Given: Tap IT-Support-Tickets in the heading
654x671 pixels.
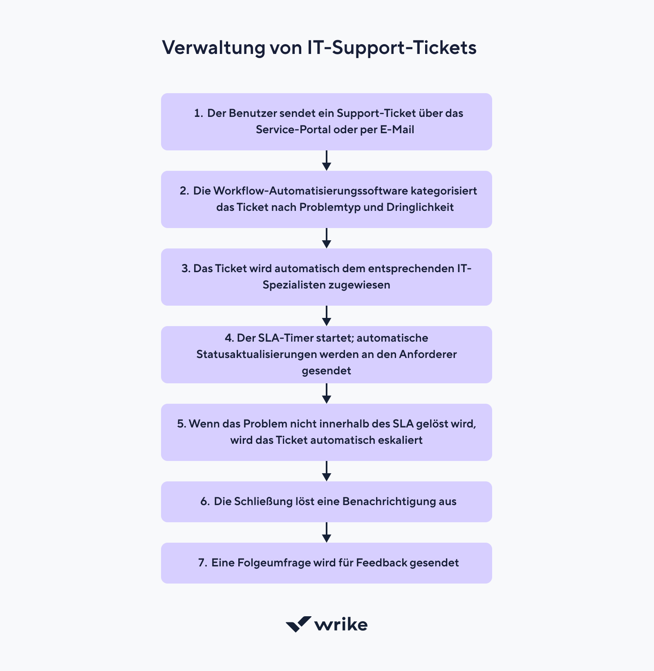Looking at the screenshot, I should [392, 48].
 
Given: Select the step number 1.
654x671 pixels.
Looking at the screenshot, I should [198, 113].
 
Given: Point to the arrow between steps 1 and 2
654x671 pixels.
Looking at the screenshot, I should [326, 161].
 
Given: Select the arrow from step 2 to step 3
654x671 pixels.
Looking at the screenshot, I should [326, 238].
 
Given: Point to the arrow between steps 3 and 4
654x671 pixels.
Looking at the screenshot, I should [326, 316].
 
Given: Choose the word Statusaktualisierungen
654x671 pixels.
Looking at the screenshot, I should [256, 354].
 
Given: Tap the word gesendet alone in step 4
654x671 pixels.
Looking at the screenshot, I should [326, 371].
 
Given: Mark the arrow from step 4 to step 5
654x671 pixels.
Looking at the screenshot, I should [326, 394].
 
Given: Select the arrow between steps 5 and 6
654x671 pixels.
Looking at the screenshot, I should [326, 471].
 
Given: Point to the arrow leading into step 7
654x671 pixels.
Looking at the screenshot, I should [326, 532].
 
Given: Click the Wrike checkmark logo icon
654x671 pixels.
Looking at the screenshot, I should [298, 624].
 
